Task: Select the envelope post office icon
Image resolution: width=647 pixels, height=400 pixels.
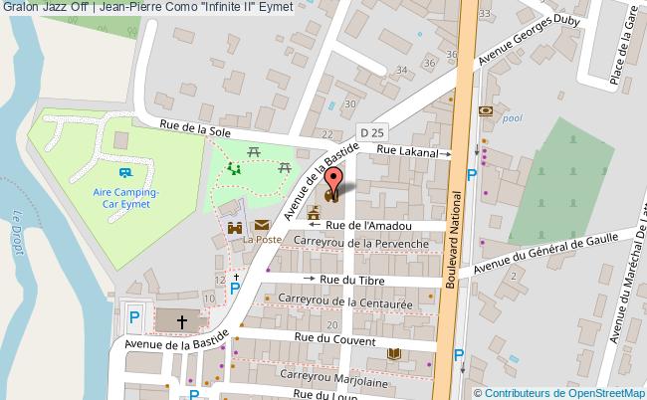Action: [261, 227]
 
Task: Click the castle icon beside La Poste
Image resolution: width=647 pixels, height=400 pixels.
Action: [236, 228]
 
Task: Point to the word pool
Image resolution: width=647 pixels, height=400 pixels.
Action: [512, 117]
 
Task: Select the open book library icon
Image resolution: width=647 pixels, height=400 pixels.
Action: [393, 353]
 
